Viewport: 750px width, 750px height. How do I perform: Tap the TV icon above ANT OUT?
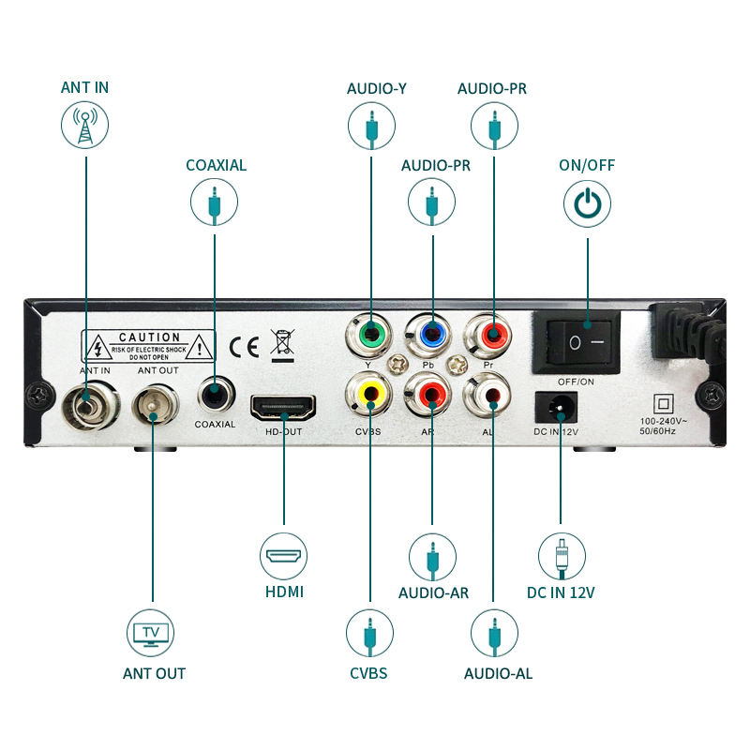[x=150, y=633]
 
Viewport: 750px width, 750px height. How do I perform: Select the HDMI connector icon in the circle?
[x=283, y=556]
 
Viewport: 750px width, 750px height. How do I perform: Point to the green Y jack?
[x=372, y=333]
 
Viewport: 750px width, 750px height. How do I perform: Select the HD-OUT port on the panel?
[x=282, y=408]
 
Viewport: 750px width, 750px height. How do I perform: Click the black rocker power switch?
[x=587, y=342]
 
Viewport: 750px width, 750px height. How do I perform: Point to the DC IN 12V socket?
[x=560, y=406]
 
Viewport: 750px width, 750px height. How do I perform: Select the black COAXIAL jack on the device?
[x=215, y=394]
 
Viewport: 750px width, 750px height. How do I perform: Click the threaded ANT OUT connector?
[x=153, y=406]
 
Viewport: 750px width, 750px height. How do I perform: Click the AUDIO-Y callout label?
[x=376, y=89]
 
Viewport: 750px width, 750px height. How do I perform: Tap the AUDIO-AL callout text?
[x=499, y=673]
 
